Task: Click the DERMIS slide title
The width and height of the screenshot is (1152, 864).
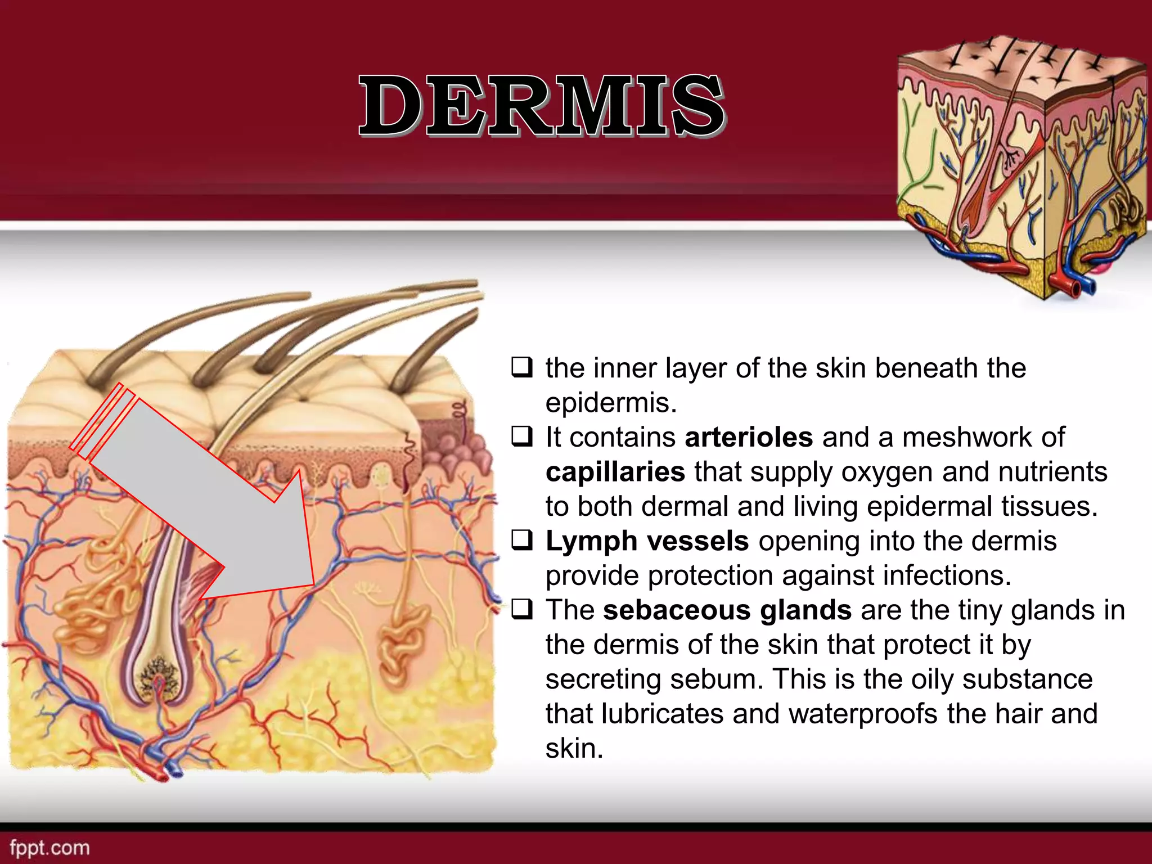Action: pyautogui.click(x=542, y=106)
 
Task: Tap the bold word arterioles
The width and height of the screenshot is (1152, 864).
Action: pyautogui.click(x=749, y=437)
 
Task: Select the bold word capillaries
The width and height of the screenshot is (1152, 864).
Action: pyautogui.click(x=615, y=472)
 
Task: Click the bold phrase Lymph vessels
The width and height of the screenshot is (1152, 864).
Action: pyautogui.click(x=647, y=541)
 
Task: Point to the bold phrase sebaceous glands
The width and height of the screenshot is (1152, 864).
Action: pyautogui.click(x=727, y=610)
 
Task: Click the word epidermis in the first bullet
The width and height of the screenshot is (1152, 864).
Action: pyautogui.click(x=610, y=403)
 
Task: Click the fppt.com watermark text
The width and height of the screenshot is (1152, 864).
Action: pyautogui.click(x=49, y=848)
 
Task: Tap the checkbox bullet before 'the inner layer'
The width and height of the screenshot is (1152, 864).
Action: pyautogui.click(x=521, y=368)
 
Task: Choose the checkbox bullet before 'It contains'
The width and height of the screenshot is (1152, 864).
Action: pyautogui.click(x=521, y=437)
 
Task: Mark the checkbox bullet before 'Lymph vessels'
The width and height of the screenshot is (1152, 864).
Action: pyautogui.click(x=521, y=541)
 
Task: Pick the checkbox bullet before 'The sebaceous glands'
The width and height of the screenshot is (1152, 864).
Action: pyautogui.click(x=521, y=610)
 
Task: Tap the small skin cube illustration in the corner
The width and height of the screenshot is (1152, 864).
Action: pyautogui.click(x=1021, y=169)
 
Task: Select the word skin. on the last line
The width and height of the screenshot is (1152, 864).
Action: pyautogui.click(x=574, y=749)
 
